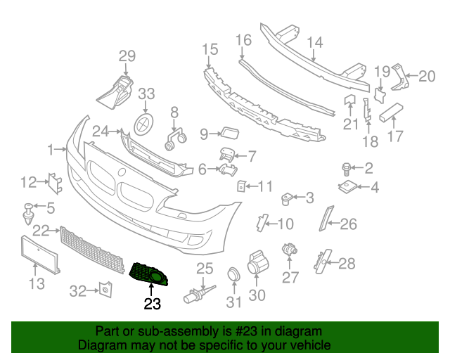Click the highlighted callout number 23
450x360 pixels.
tap(152, 304)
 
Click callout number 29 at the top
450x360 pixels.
tap(127, 56)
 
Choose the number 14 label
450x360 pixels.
tap(314, 42)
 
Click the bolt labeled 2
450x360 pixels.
tap(347, 168)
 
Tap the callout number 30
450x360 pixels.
tap(257, 295)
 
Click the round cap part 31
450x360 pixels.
tap(233, 275)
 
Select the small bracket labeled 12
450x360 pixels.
tap(53, 182)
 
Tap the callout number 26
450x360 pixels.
tap(349, 225)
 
